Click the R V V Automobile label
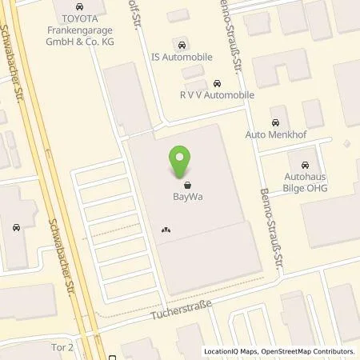pos(217,95)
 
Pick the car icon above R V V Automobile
pos(218,83)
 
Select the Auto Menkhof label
pos(277,135)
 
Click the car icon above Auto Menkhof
pos(276,122)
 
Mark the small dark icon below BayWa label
pos(166,230)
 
